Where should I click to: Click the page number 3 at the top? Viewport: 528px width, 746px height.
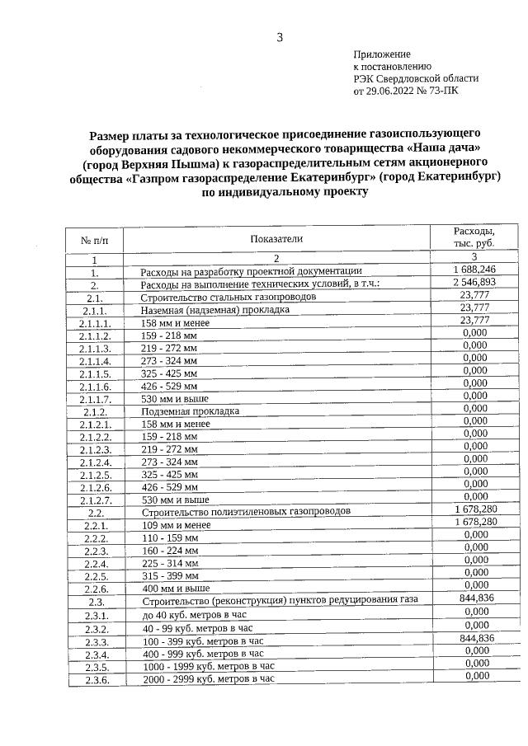[280, 37]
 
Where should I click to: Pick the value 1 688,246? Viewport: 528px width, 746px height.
[474, 270]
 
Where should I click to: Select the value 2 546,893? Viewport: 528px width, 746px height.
[474, 282]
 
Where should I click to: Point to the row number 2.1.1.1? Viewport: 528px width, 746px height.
[95, 324]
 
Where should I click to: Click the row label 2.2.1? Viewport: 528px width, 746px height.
[96, 525]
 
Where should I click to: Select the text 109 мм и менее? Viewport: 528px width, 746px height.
[176, 525]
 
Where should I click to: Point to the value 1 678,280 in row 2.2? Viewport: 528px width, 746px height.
[474, 510]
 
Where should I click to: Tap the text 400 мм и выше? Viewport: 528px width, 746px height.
[174, 589]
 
